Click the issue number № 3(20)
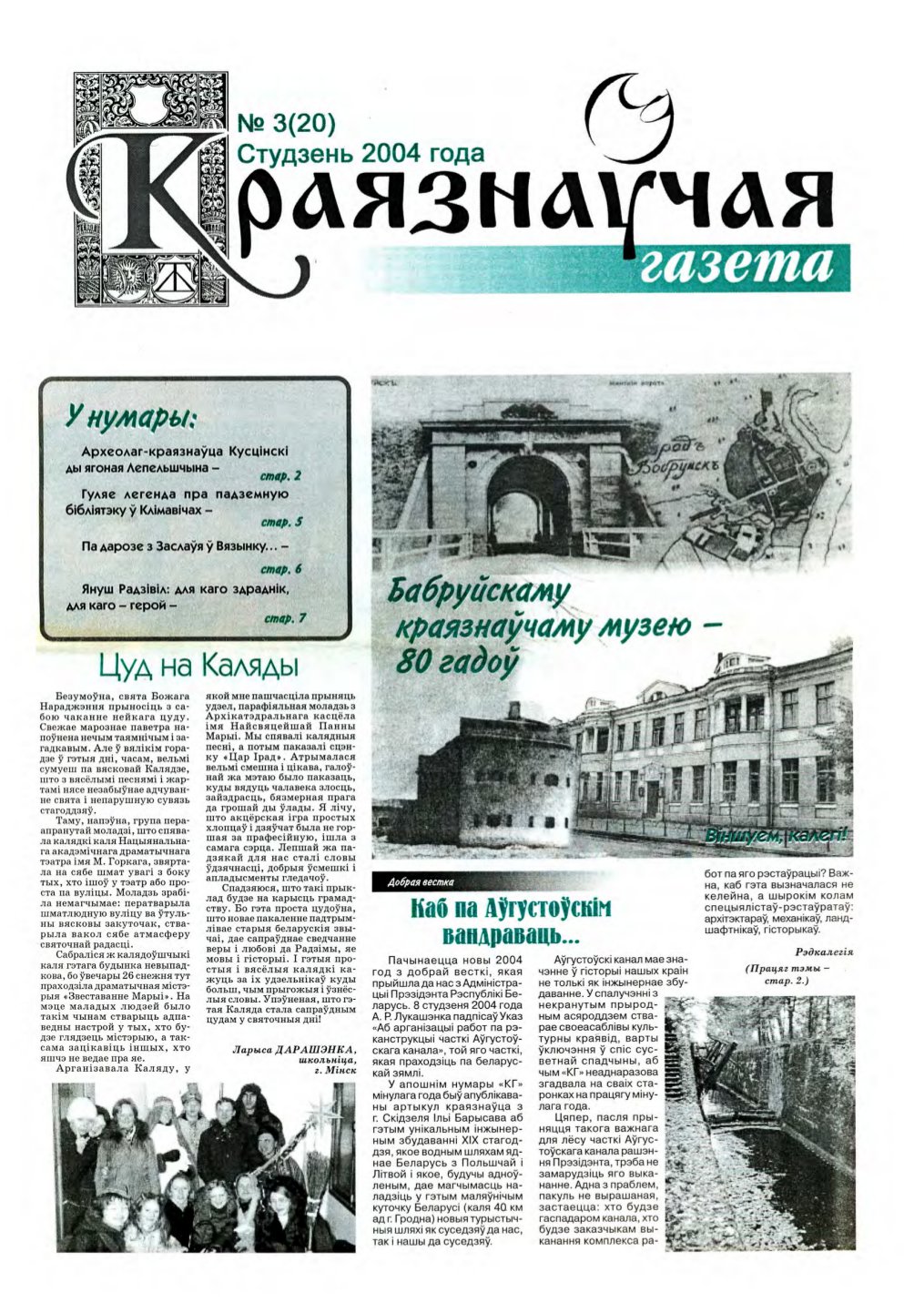click(286, 124)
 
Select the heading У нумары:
click(133, 419)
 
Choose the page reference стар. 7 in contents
click(284, 618)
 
